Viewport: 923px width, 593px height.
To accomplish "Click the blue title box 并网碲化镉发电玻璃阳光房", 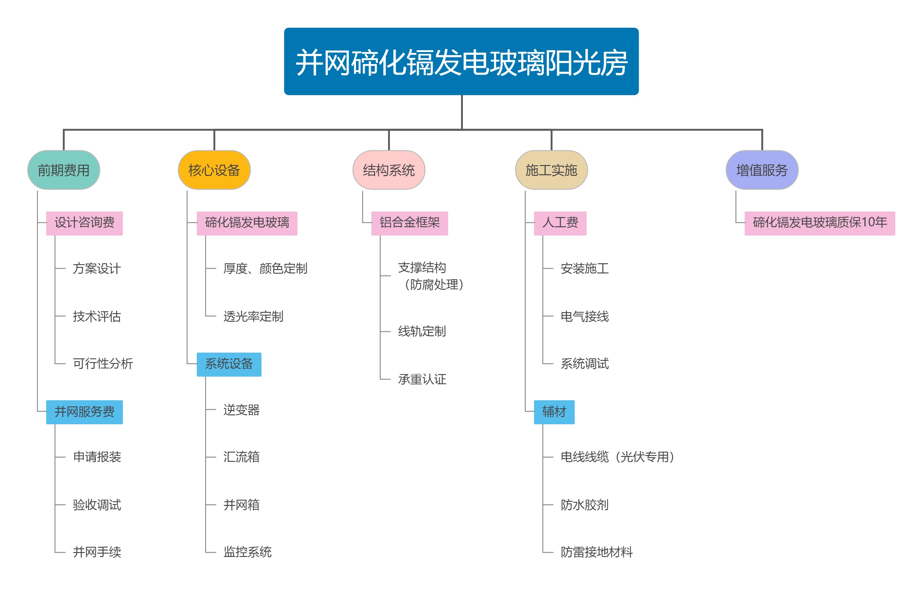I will tap(461, 61).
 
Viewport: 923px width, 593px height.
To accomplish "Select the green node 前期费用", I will tap(63, 170).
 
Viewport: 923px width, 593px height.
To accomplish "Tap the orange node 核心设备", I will tap(214, 170).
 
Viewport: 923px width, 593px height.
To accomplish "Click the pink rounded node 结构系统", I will tap(389, 170).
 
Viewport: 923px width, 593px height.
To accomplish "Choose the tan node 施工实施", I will tap(551, 170).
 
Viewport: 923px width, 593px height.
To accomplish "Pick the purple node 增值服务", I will tap(762, 170).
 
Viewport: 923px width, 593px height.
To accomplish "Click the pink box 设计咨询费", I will tap(84, 223).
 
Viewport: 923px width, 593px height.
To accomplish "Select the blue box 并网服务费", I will tap(84, 412).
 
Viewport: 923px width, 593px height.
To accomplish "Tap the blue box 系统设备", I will tap(229, 364).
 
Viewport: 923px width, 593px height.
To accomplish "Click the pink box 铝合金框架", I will tap(409, 223).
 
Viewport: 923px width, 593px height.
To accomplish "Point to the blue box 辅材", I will tap(554, 412).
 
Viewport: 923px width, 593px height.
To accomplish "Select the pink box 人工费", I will tap(560, 223).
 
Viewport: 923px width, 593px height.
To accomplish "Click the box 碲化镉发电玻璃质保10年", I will tap(820, 223).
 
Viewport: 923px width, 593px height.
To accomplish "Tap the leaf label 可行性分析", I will tap(103, 364).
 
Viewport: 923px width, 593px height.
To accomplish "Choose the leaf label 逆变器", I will tap(241, 410).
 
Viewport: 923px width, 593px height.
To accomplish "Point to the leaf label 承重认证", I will tap(422, 379).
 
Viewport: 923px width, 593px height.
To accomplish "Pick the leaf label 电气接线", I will tap(585, 317).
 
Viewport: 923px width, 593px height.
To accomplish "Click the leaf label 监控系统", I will tap(248, 552).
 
